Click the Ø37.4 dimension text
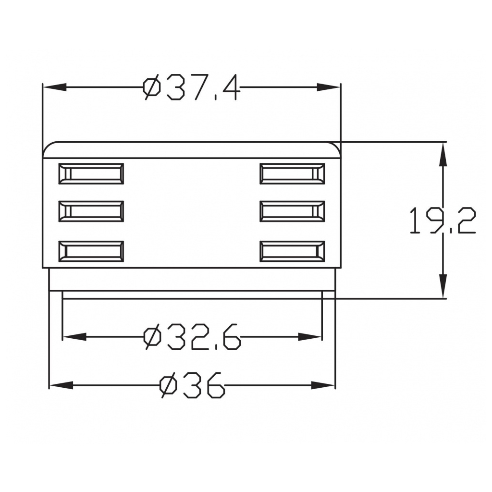pyautogui.click(x=191, y=87)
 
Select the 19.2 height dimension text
pyautogui.click(x=442, y=221)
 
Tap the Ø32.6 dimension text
pyautogui.click(x=192, y=336)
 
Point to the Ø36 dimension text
pyautogui.click(x=192, y=385)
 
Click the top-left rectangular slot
pyautogui.click(x=91, y=173)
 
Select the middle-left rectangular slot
pyautogui.click(x=91, y=211)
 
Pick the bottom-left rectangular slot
pyautogui.click(x=91, y=251)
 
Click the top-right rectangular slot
pyautogui.click(x=292, y=173)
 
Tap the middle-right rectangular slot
pyautogui.click(x=292, y=211)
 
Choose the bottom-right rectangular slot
pyautogui.click(x=292, y=251)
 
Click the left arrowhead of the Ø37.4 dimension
pyautogui.click(x=54, y=87)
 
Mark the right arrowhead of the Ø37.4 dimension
pyautogui.click(x=329, y=87)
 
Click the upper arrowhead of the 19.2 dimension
pyautogui.click(x=443, y=154)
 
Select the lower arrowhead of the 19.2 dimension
pyautogui.click(x=443, y=286)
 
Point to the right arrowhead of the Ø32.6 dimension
pyautogui.click(x=310, y=336)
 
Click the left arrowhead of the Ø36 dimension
pyautogui.click(x=61, y=385)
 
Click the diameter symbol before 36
pyautogui.click(x=168, y=385)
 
